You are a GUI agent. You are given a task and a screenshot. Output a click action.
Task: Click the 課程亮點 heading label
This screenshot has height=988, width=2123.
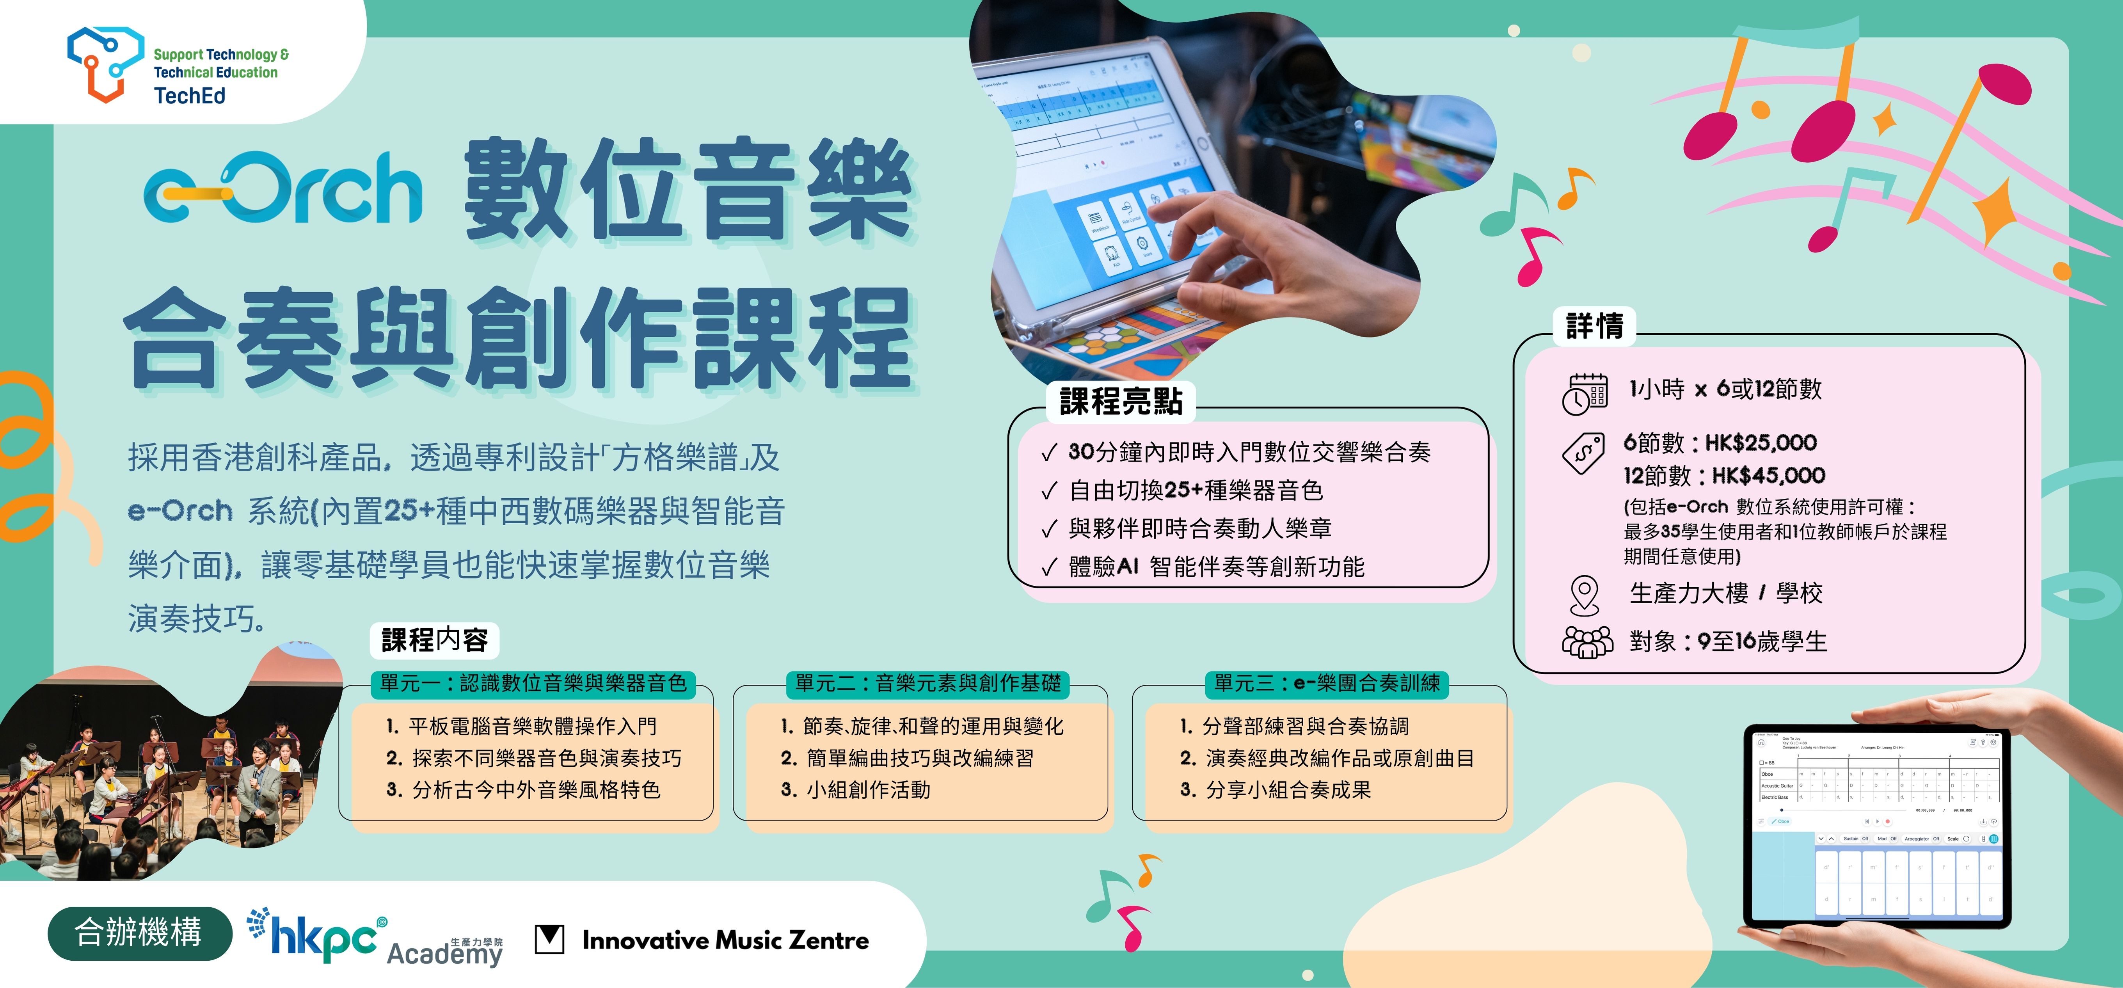1121,401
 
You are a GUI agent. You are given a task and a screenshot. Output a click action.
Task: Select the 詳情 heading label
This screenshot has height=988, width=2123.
1594,325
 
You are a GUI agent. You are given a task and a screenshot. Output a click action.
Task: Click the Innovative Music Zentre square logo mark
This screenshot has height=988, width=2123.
550,938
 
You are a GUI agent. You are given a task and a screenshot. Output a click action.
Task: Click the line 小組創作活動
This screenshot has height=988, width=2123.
868,789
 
